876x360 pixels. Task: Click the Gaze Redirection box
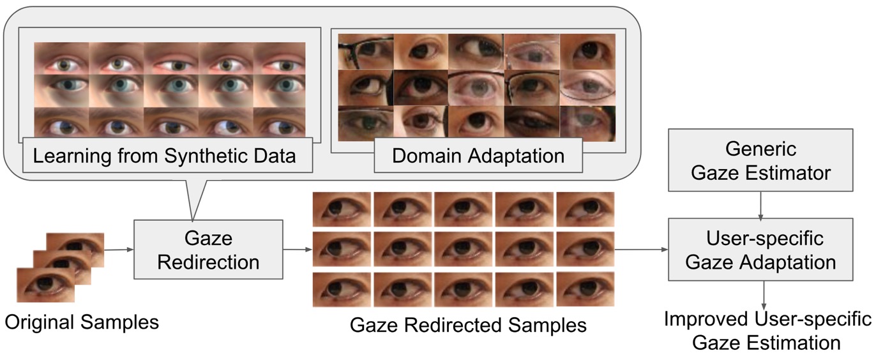coord(208,250)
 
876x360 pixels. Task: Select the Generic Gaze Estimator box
coord(760,160)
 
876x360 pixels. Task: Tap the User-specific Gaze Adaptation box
coord(760,250)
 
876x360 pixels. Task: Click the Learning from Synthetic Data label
coord(165,156)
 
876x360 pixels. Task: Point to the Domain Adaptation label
coord(478,156)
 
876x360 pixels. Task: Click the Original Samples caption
coord(82,322)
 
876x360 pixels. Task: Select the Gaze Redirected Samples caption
coord(468,325)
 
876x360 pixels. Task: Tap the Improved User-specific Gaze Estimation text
coord(767,331)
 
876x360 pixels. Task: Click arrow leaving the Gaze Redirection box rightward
coord(297,250)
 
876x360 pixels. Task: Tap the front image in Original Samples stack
coord(45,285)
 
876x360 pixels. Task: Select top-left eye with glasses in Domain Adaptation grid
coord(365,51)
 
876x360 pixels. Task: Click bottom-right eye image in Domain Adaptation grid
coord(587,123)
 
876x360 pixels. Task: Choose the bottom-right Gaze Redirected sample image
coord(585,290)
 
